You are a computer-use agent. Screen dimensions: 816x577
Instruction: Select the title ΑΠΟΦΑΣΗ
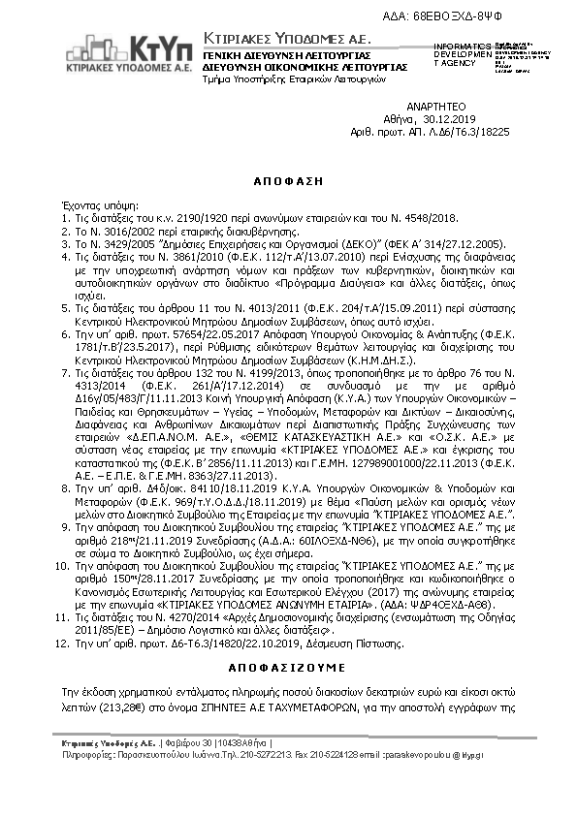pos(288,181)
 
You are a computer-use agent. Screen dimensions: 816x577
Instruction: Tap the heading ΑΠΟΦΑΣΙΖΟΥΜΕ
pos(288,669)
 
